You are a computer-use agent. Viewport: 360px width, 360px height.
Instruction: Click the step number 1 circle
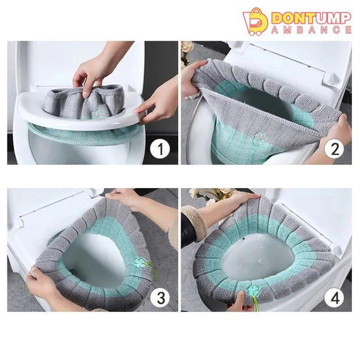[160, 149]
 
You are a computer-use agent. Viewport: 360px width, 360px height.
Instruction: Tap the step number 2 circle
[334, 149]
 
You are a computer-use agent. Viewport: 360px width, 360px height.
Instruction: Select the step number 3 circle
[160, 298]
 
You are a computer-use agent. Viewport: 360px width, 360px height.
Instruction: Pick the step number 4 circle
[334, 298]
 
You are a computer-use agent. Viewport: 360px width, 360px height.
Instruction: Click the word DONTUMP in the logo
[311, 18]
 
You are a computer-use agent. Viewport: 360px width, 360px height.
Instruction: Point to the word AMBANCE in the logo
[311, 30]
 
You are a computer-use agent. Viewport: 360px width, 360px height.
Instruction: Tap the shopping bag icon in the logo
[255, 22]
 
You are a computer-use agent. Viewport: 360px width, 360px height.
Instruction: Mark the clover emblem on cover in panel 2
[259, 137]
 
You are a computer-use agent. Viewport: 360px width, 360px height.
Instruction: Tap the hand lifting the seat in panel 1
[158, 101]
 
